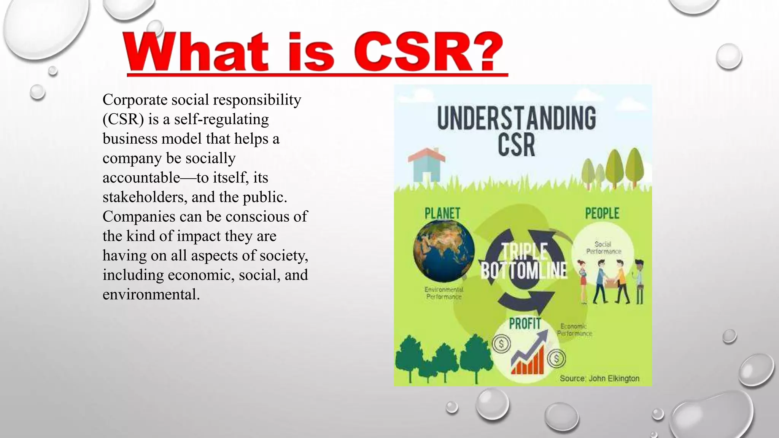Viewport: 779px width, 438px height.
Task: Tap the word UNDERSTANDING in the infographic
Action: click(x=517, y=118)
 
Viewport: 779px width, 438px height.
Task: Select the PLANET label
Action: click(x=442, y=213)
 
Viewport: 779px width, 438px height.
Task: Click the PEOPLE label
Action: click(x=602, y=213)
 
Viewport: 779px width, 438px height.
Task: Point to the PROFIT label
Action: click(x=525, y=324)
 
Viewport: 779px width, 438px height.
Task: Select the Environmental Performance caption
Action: click(x=444, y=293)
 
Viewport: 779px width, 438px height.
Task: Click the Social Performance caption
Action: click(x=603, y=248)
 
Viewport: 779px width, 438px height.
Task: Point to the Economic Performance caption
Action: click(x=574, y=330)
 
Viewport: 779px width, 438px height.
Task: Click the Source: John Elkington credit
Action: click(x=599, y=378)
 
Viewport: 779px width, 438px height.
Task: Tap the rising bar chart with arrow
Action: click(x=529, y=354)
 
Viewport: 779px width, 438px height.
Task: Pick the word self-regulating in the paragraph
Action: click(x=221, y=119)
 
